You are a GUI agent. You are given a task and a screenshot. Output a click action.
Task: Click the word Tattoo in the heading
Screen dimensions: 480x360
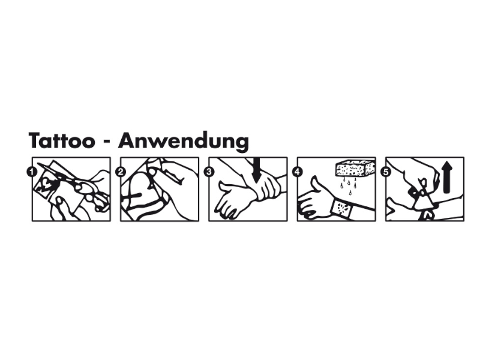62,140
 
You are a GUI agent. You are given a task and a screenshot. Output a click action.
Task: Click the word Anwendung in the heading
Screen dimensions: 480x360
184,142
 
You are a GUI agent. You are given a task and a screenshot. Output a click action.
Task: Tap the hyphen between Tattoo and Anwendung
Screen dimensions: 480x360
107,142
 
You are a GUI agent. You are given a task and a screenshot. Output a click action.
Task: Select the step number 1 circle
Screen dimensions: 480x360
32,172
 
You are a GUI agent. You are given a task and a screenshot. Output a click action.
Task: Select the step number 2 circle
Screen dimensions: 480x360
121,172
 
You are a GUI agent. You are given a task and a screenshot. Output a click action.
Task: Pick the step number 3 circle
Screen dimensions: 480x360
209,172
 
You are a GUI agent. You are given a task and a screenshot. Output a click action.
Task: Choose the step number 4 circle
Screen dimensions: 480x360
297,172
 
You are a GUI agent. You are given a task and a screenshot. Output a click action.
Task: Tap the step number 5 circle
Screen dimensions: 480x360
386,172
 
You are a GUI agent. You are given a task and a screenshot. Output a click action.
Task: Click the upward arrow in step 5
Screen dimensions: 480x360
447,177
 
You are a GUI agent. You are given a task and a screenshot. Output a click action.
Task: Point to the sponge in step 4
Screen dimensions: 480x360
355,168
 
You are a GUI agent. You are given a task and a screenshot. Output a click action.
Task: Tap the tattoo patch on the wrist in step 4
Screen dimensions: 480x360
341,208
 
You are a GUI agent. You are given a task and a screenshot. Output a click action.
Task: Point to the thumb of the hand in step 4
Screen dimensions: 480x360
316,185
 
